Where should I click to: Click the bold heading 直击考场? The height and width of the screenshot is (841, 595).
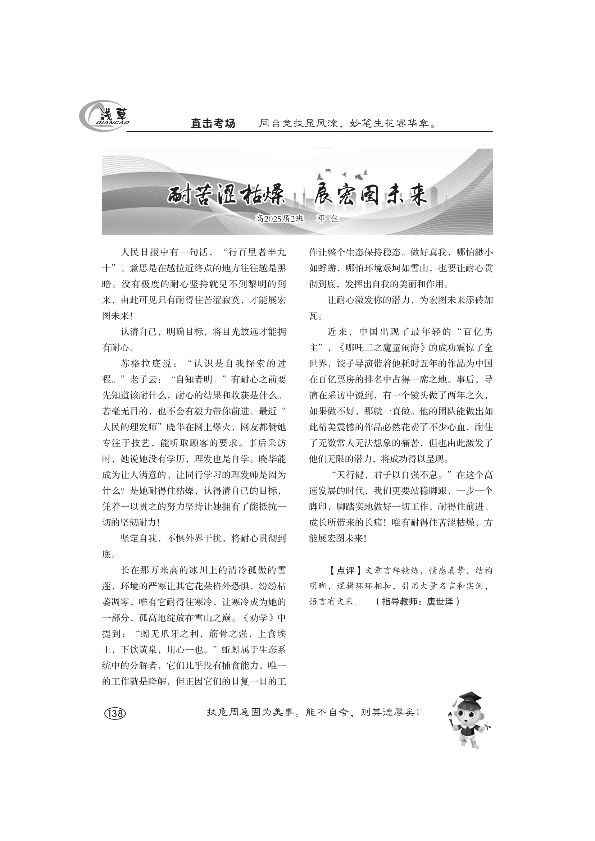213,124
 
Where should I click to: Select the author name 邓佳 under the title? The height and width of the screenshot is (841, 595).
328,219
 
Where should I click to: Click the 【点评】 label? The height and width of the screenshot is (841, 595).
344,570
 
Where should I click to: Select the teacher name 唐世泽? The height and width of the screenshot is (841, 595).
440,602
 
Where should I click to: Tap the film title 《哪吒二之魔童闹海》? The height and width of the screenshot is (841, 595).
383,348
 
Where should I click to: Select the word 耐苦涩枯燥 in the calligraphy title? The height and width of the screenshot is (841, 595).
225,195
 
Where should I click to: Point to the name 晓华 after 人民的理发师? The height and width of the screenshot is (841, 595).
176,428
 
